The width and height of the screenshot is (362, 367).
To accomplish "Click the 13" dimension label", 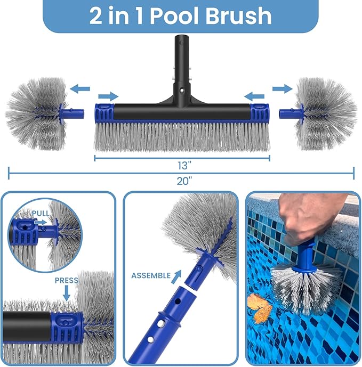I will tap(181, 165).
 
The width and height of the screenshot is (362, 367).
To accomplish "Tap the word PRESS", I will tap(66, 280).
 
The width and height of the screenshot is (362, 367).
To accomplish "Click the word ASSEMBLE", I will tap(151, 275).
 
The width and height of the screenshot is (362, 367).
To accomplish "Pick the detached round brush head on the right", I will tap(326, 113).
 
